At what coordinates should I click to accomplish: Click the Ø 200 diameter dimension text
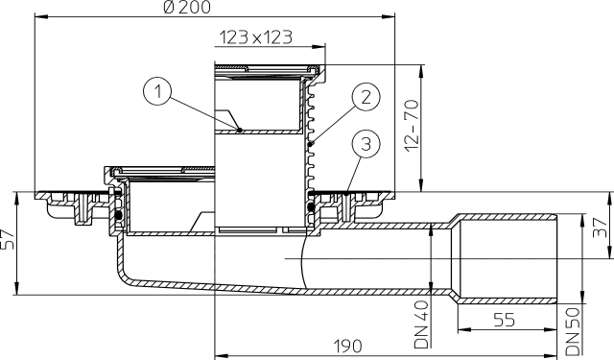pos(215,9)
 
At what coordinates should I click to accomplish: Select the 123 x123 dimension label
pos(255,38)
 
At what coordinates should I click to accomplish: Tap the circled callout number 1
pos(158,92)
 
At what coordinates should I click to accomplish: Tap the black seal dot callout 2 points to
pos(311,144)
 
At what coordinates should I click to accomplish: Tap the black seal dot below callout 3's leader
pos(310,204)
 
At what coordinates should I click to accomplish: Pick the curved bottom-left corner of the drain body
pos(125,278)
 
